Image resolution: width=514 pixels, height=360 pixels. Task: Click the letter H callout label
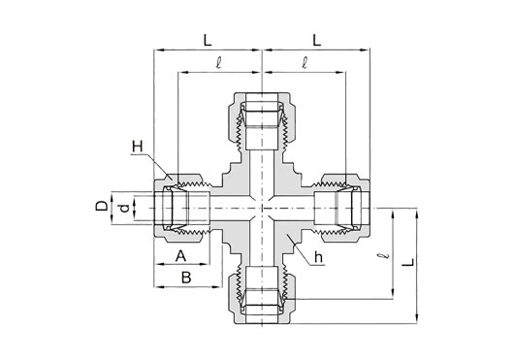pos(138,147)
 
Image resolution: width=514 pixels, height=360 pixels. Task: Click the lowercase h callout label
pos(318,257)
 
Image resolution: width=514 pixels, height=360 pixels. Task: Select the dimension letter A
pos(180,256)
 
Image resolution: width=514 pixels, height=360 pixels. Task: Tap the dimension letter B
pos(186,278)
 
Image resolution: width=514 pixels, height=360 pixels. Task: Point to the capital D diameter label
pos(102,206)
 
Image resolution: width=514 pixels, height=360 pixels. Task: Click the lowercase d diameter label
pos(124,208)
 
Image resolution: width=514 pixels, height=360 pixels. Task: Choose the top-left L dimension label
pos(208,41)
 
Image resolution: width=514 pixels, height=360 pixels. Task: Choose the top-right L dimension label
pos(316,41)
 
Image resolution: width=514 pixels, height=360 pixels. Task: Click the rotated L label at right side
pos(408,262)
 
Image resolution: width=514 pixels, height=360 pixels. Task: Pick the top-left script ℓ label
pos(218,63)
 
